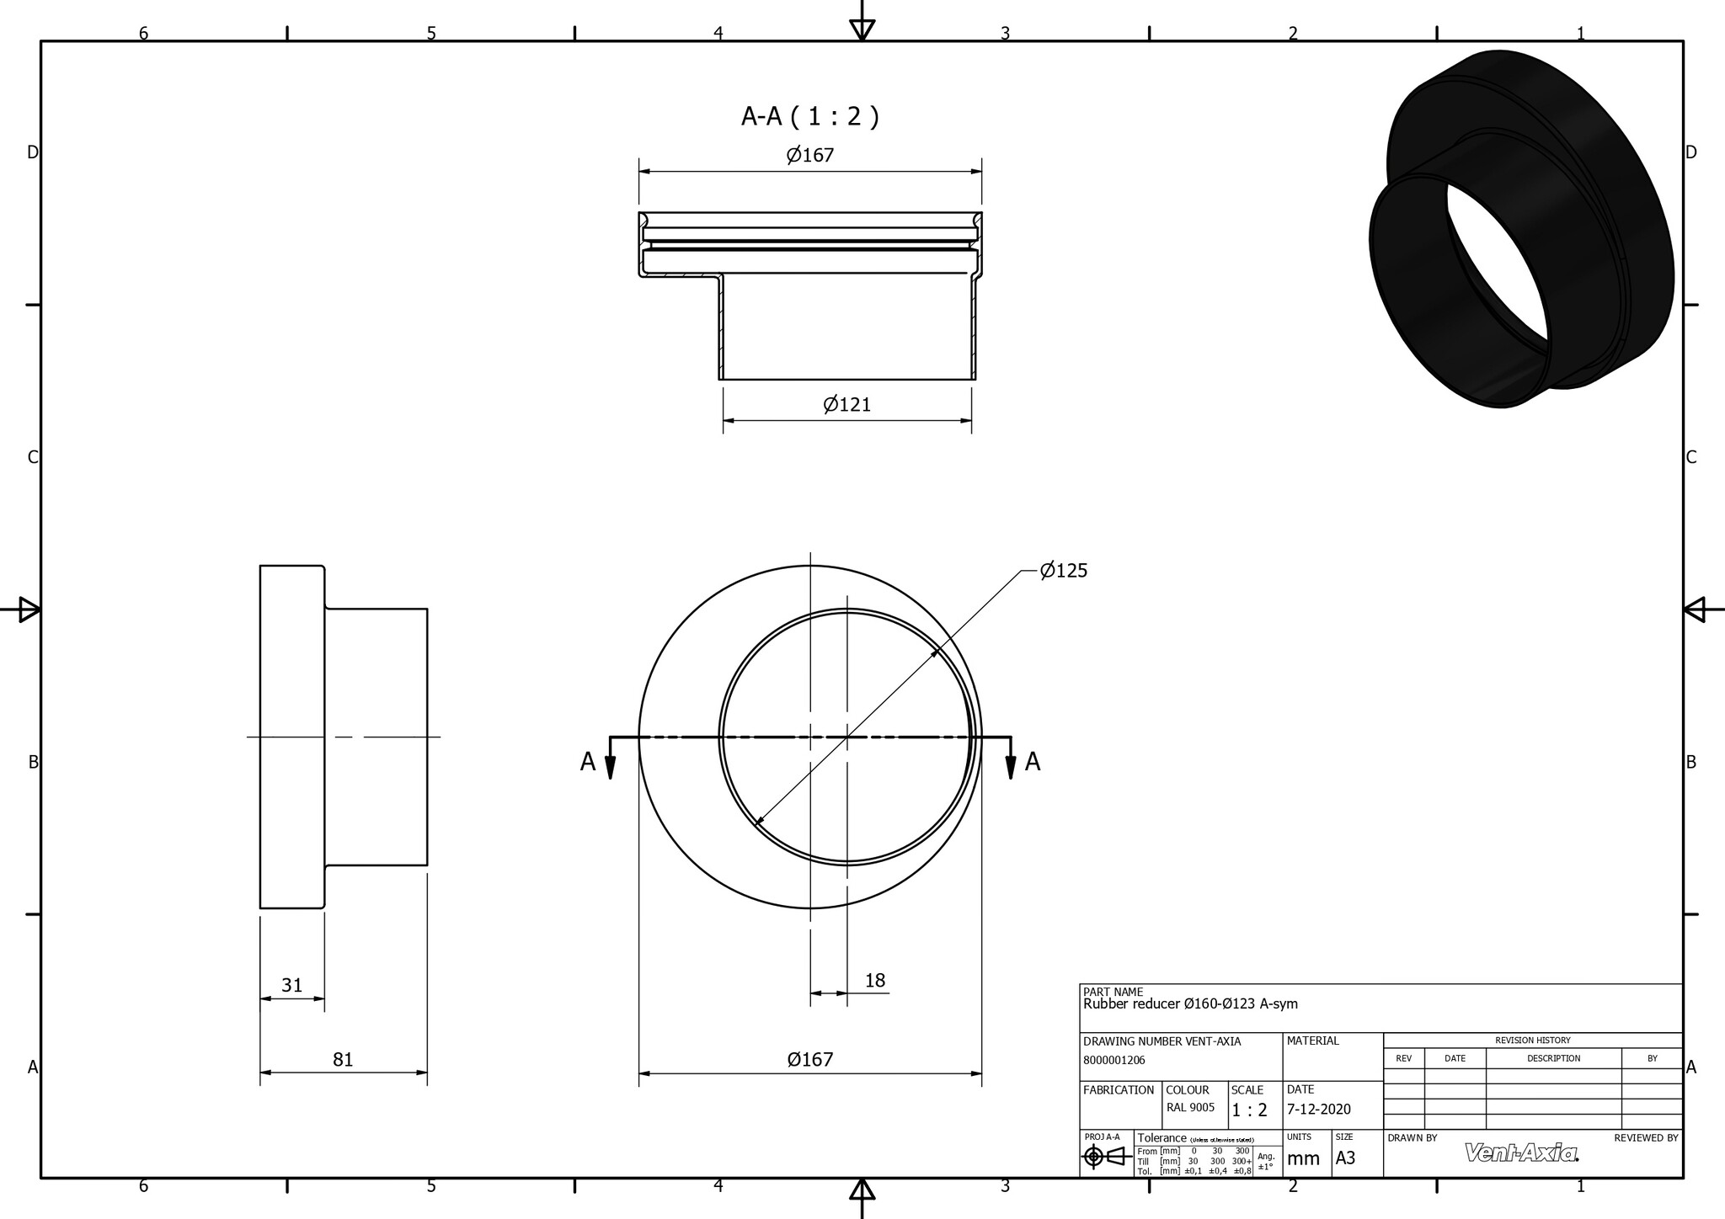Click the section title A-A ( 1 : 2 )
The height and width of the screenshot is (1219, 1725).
[x=809, y=116]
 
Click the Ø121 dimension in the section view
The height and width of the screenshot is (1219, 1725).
[x=846, y=405]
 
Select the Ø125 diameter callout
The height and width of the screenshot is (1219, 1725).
[x=1063, y=571]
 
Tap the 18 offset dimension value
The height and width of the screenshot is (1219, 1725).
[x=874, y=981]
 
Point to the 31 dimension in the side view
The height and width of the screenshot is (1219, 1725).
[x=291, y=985]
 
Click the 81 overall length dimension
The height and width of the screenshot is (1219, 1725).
[x=342, y=1059]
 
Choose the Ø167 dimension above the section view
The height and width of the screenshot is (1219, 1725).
[x=809, y=155]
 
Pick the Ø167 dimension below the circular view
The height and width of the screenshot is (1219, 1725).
[x=809, y=1060]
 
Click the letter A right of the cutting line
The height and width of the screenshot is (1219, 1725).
[x=1033, y=762]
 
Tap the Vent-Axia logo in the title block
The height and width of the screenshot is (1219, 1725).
[x=1521, y=1152]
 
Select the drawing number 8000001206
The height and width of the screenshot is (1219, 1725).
[x=1114, y=1061]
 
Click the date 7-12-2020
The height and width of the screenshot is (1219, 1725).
[x=1318, y=1110]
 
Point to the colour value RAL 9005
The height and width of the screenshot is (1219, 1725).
[x=1190, y=1108]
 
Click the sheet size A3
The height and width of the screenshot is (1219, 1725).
[x=1345, y=1158]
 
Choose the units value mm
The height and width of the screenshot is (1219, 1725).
[x=1303, y=1159]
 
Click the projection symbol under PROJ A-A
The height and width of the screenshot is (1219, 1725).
[x=1107, y=1158]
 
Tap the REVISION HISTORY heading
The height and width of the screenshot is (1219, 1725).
[x=1532, y=1041]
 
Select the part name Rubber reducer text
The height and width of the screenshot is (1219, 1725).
[x=1189, y=1003]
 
